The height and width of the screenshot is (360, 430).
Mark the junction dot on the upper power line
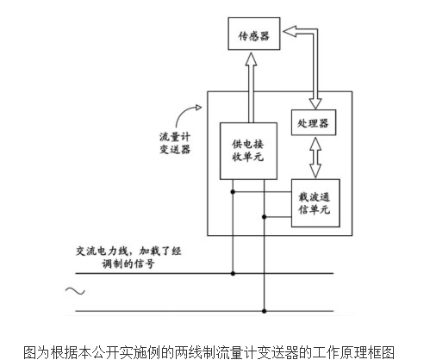click(x=234, y=275)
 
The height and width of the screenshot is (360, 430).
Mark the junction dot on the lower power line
click(x=265, y=311)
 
